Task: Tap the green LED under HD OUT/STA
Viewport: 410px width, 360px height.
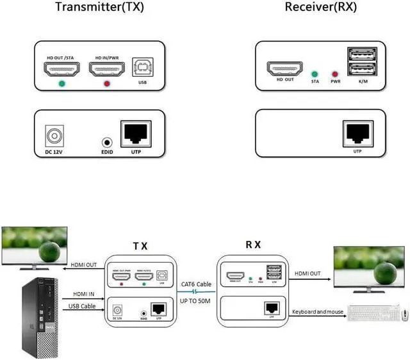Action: tap(61, 84)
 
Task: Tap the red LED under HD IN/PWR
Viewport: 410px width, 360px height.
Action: tap(106, 84)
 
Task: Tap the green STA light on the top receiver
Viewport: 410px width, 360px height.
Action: tap(315, 74)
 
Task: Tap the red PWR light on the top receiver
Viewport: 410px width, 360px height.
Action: tap(334, 74)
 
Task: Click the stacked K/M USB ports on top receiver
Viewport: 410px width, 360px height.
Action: tap(362, 63)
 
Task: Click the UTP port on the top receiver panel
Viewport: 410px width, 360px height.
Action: tap(357, 132)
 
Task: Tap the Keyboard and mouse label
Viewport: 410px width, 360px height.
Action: tap(318, 312)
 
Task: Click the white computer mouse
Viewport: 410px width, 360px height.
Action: tap(405, 315)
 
